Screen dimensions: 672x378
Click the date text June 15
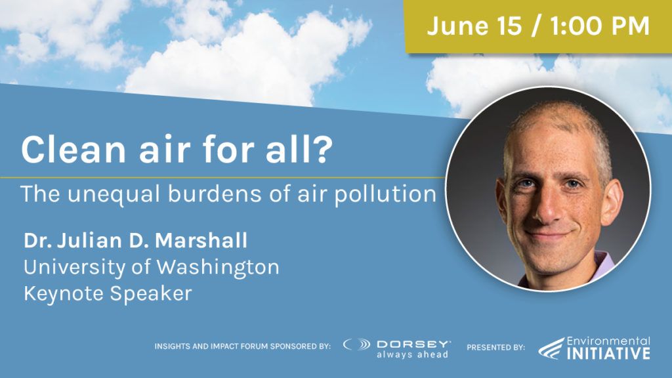coord(474,26)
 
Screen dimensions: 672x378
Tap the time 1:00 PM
coord(600,26)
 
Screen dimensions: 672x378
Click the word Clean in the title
coord(73,149)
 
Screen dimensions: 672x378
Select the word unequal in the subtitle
coord(114,194)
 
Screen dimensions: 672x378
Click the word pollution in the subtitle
coord(385,194)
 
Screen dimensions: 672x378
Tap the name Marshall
coord(201,240)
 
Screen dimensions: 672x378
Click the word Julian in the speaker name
coord(89,240)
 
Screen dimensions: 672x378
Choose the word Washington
coord(218,268)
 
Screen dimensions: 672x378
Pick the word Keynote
coord(64,293)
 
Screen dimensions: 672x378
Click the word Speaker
coord(151,294)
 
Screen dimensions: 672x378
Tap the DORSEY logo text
coord(413,344)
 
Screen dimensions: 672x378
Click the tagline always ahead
coord(412,354)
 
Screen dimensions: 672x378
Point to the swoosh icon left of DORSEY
coord(356,344)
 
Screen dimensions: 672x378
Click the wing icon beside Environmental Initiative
coord(551,348)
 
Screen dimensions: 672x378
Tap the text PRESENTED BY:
coord(496,348)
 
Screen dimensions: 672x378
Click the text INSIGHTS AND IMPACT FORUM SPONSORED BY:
coord(243,346)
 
